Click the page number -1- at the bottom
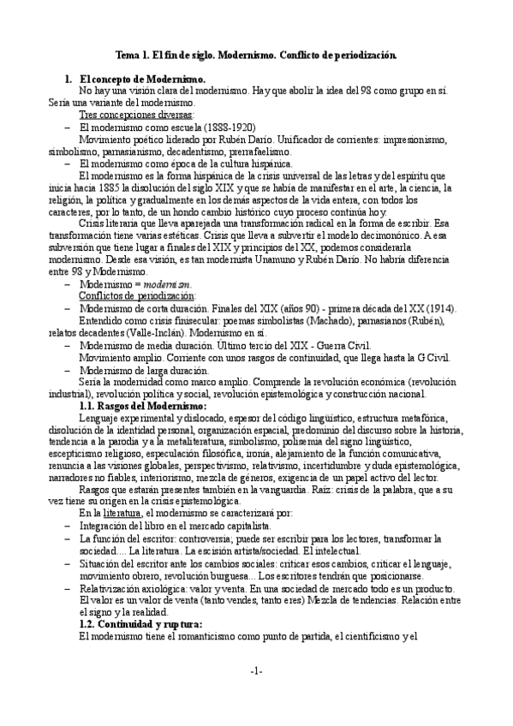(x=256, y=670)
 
